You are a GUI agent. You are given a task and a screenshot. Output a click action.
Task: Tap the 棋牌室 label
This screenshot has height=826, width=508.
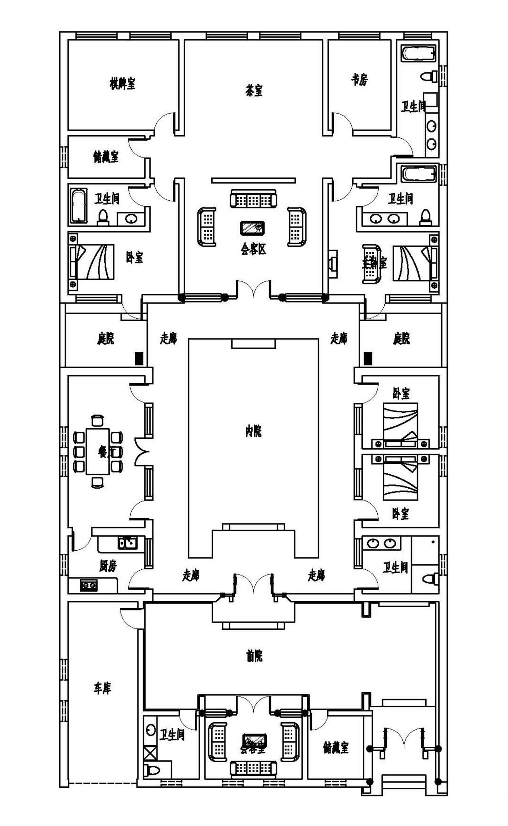point(122,83)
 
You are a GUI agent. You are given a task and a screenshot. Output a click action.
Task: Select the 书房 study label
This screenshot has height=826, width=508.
point(359,80)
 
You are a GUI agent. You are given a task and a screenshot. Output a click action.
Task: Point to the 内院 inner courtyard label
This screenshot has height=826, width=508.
point(254,431)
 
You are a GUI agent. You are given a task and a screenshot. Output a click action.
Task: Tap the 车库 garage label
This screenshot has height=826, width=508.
point(102,688)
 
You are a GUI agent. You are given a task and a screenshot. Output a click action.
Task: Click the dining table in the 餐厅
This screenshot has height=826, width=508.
point(98,451)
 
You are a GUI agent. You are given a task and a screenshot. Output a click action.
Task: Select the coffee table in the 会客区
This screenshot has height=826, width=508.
point(252,228)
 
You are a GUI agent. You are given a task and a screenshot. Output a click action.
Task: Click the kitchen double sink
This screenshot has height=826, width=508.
point(127,543)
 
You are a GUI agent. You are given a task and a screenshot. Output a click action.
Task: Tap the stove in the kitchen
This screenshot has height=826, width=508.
point(89,585)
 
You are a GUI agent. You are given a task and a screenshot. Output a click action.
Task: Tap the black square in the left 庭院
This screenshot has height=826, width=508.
point(139,358)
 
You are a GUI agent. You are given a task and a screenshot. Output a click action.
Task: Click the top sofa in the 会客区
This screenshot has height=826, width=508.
point(253,199)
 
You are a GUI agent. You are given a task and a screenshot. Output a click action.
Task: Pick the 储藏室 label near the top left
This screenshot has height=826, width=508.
point(106,157)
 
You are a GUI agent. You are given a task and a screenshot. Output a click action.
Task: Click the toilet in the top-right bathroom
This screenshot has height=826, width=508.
point(429,76)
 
